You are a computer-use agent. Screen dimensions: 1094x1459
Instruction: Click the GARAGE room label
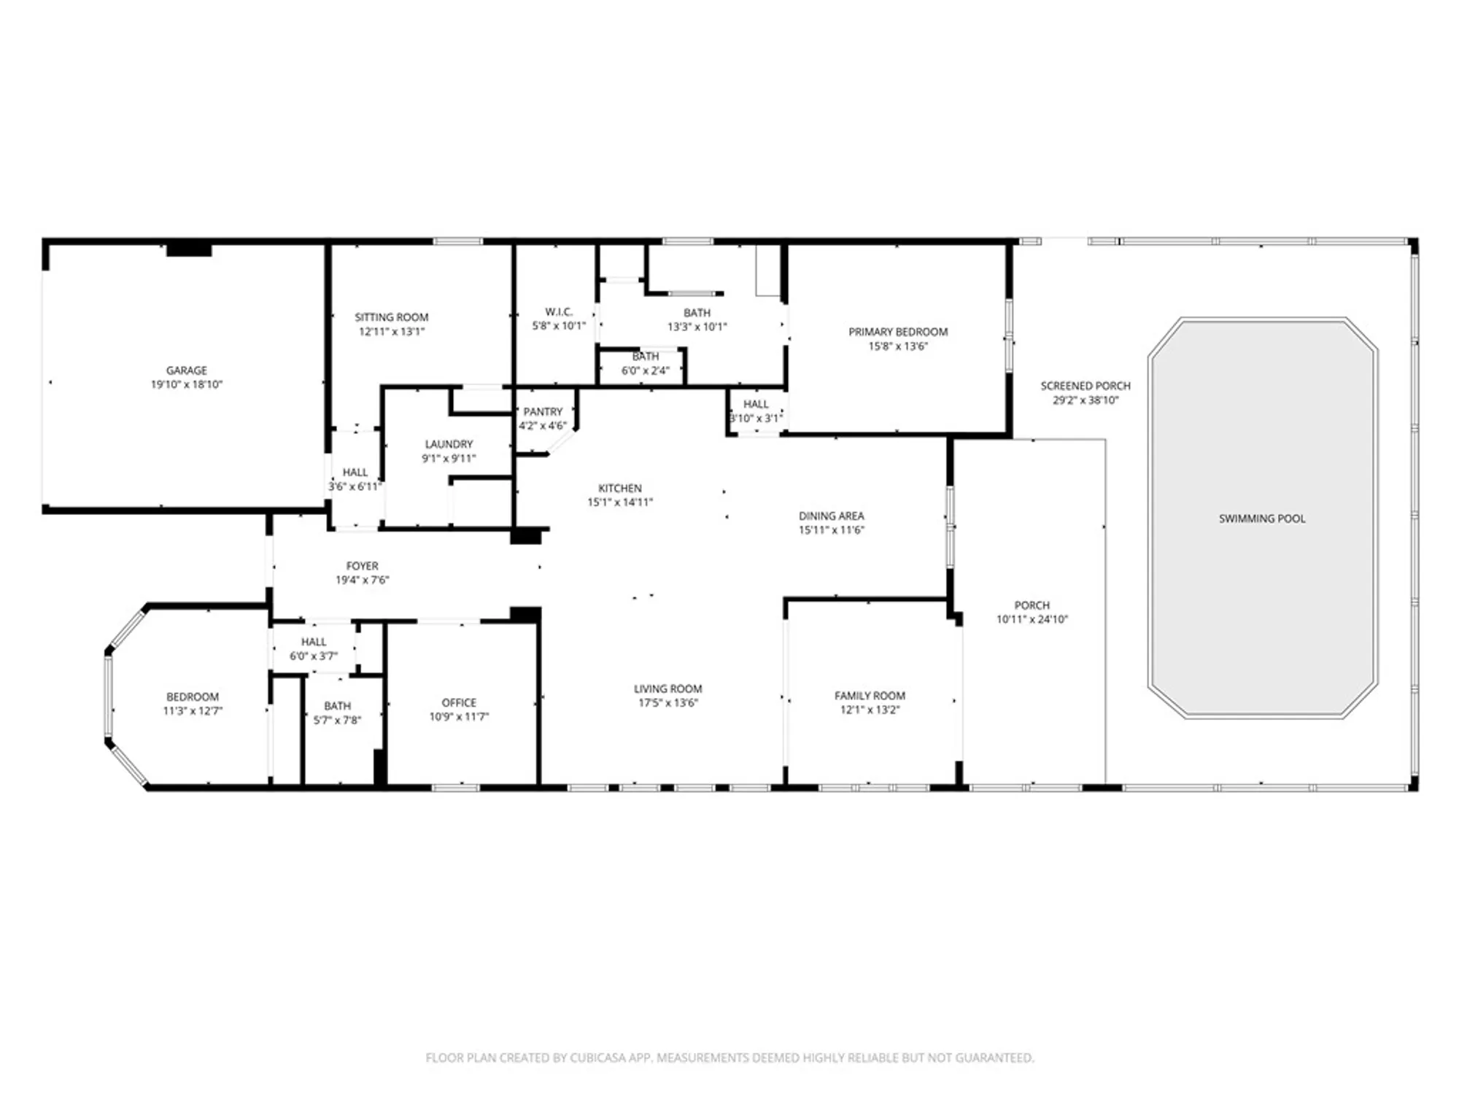[187, 371]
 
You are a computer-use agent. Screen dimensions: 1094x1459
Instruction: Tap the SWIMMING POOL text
[1262, 519]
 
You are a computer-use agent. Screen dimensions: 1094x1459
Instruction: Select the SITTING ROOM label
[392, 317]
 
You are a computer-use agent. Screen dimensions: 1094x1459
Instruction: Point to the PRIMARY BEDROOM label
[898, 332]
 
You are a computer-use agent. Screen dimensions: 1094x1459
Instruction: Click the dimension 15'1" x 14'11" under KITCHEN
[620, 502]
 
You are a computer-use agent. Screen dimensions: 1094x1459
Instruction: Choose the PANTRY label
[543, 411]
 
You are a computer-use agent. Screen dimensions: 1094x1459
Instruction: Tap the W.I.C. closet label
[559, 311]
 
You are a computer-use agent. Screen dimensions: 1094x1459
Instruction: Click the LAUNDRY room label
[449, 444]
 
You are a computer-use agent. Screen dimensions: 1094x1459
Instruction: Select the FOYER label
[362, 566]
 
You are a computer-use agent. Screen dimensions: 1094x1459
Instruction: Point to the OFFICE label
[459, 702]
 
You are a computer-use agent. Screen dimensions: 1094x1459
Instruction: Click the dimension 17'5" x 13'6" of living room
[667, 703]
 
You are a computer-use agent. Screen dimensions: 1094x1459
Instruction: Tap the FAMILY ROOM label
[870, 696]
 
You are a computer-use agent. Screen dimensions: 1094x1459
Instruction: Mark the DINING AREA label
[831, 516]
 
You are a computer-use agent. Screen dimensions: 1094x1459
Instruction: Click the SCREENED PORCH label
[1085, 386]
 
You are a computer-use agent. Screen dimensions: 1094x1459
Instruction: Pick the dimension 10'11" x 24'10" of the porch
[1032, 619]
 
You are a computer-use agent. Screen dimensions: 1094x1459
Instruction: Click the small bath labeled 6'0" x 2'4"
[645, 363]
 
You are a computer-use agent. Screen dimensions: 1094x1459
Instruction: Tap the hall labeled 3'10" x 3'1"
[756, 411]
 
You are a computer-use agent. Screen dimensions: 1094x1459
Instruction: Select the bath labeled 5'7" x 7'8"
[337, 713]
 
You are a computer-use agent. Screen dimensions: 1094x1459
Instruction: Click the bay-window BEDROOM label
[192, 697]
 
